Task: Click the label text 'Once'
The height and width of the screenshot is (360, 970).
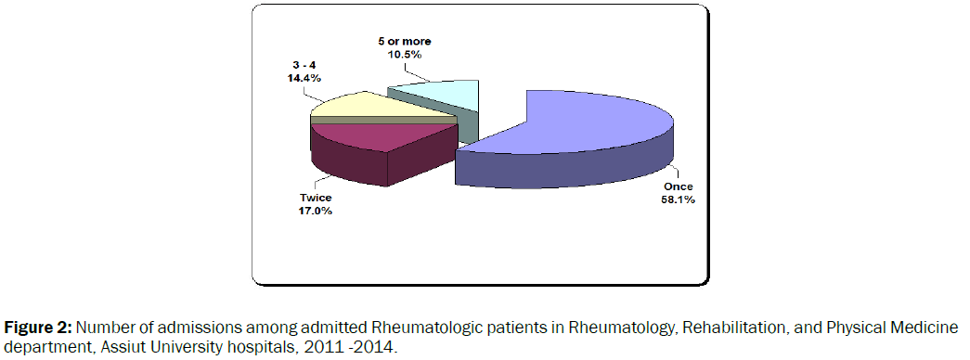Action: (x=678, y=186)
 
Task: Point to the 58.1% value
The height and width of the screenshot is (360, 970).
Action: (x=678, y=199)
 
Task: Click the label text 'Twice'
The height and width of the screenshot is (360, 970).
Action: (x=316, y=199)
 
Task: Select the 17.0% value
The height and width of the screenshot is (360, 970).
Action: (x=316, y=211)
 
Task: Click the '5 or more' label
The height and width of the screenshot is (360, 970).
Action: (x=405, y=42)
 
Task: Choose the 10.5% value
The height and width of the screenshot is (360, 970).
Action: (x=405, y=54)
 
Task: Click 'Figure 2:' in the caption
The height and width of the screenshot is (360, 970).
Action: (x=38, y=328)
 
